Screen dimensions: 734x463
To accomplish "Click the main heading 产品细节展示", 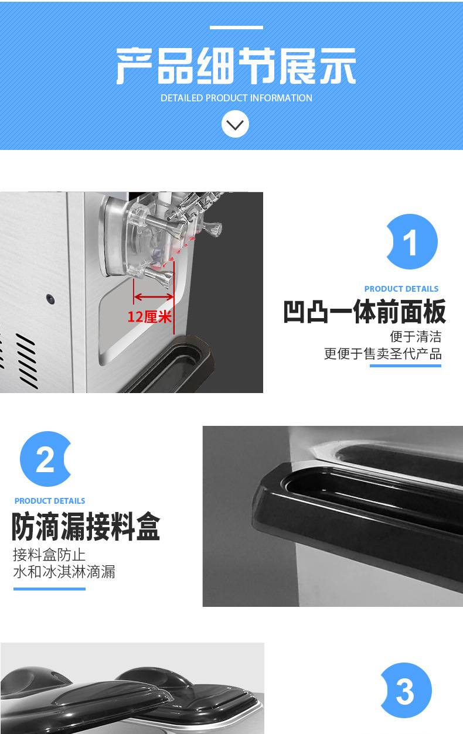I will (236, 66).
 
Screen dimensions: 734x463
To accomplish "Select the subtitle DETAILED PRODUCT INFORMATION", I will (236, 98).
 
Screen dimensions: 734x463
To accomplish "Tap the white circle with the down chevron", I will (235, 124).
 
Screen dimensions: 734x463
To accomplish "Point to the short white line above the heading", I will (236, 28).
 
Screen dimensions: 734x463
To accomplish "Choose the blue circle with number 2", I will (46, 459).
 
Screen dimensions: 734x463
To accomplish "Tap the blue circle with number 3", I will (406, 691).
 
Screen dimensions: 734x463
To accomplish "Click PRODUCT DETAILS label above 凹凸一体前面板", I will (401, 289).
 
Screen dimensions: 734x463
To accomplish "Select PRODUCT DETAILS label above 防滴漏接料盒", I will (50, 501).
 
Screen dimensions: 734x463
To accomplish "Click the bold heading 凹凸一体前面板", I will (365, 312).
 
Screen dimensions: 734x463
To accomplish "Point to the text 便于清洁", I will (416, 337).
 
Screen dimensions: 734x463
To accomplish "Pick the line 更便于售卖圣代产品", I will (383, 354).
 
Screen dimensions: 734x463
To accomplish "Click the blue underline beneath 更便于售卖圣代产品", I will (405, 366).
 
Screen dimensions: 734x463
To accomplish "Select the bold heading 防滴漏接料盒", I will (86, 526).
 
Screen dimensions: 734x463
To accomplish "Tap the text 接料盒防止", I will (49, 554).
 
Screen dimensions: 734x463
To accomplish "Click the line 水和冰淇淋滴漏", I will (64, 572).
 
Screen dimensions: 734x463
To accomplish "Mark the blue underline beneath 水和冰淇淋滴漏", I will (49, 588).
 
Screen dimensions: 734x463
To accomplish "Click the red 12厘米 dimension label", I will (150, 317).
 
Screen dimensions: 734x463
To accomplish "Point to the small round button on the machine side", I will (51, 299).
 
